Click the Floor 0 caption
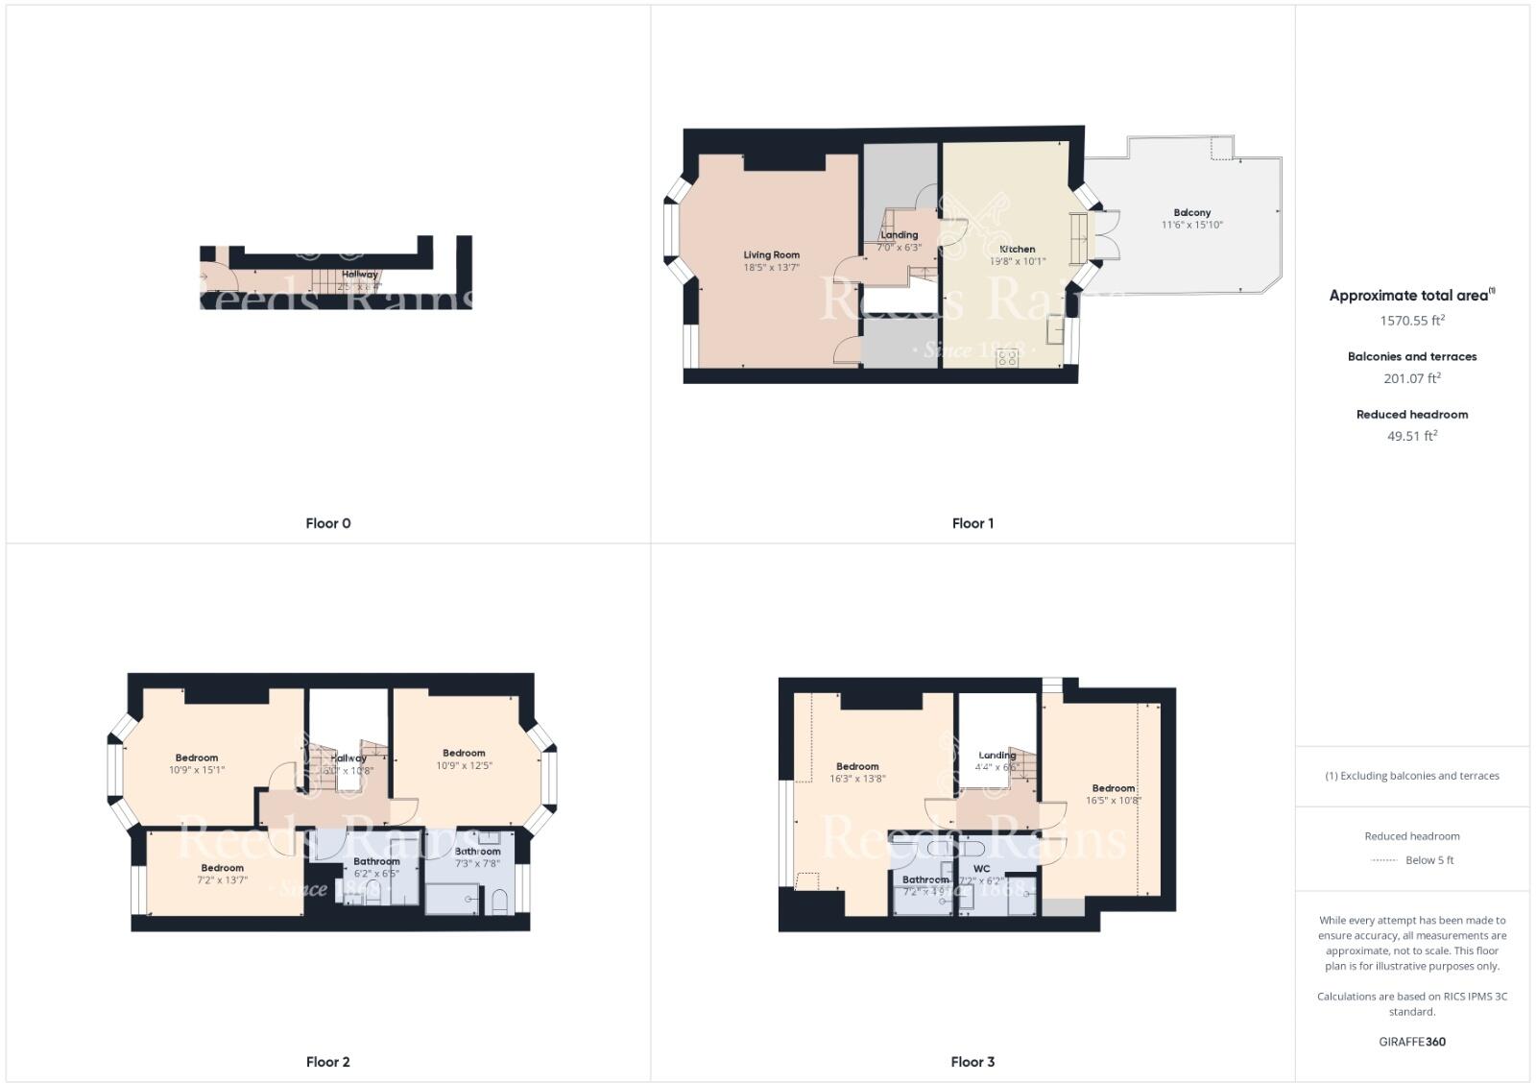click(x=328, y=523)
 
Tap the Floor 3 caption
click(x=972, y=1062)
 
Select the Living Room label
click(x=771, y=255)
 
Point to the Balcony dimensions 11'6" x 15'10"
click(x=1192, y=226)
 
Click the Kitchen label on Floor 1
click(x=1018, y=249)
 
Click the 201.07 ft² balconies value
click(x=1412, y=378)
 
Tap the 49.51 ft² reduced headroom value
click(x=1412, y=436)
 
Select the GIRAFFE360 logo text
click(x=1412, y=1042)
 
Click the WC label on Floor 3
click(x=981, y=869)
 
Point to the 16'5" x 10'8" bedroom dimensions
click(x=1114, y=801)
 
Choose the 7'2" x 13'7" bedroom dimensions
click(x=223, y=880)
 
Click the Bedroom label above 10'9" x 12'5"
click(x=464, y=754)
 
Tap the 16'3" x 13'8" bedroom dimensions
click(x=857, y=780)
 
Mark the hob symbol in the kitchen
click(x=1007, y=358)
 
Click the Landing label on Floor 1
click(x=900, y=235)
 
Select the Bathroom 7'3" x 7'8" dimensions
click(x=477, y=864)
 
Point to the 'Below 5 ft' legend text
click(x=1429, y=860)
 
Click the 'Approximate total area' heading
click(x=1408, y=296)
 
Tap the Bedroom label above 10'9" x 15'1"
click(x=197, y=758)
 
